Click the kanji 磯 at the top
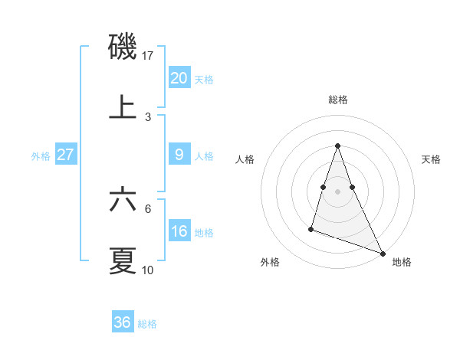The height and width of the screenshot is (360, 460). [x=123, y=47]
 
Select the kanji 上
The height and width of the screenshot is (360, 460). [x=123, y=106]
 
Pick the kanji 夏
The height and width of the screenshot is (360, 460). [x=123, y=260]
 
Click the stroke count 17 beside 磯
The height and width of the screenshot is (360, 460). [x=148, y=56]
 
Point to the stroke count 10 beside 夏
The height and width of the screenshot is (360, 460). [x=148, y=270]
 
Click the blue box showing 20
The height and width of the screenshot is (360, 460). [x=179, y=78]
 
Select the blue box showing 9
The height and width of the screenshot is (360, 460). [x=179, y=155]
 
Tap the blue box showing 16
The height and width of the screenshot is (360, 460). [x=179, y=231]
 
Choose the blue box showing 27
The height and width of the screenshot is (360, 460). [x=65, y=155]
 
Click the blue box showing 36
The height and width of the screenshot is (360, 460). [x=122, y=322]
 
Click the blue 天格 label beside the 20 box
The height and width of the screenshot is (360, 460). [x=204, y=80]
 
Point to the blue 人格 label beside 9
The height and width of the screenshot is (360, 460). [x=204, y=156]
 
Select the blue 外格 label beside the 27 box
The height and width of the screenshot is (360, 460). [x=41, y=156]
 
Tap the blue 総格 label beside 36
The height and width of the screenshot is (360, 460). [x=147, y=324]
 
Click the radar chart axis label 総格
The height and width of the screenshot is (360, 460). [x=337, y=100]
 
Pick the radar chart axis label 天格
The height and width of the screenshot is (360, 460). [x=431, y=159]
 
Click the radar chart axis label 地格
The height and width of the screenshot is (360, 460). [x=402, y=262]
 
